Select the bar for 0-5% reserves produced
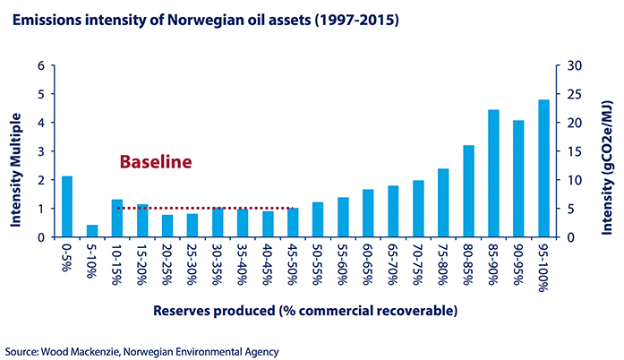[x=67, y=207]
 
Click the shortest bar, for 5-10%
[x=92, y=231]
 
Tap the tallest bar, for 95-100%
[x=543, y=168]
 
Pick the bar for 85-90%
[x=493, y=174]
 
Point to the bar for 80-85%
[x=468, y=192]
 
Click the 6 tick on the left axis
[x=40, y=65]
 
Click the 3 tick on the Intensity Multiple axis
[x=40, y=151]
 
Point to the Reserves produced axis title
[x=304, y=311]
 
